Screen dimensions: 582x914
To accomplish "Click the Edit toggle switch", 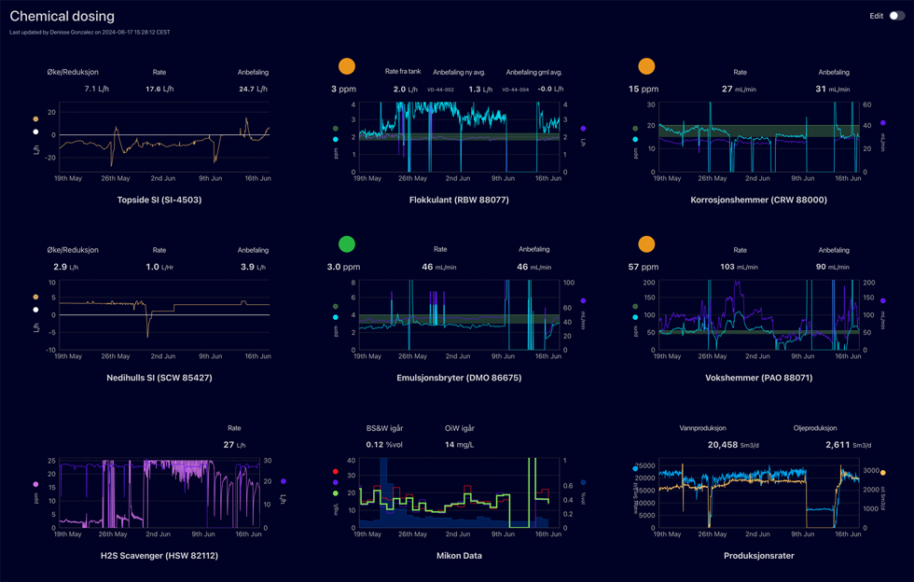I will pos(895,16).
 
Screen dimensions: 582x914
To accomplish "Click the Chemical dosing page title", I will pos(62,16).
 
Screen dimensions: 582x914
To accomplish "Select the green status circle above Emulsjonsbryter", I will pos(346,244).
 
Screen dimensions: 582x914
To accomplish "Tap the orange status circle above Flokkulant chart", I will pos(346,66).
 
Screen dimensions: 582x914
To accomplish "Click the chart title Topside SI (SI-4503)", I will pos(159,200).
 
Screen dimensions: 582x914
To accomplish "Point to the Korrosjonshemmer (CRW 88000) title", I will pos(758,200).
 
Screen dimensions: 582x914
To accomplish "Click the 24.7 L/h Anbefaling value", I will pos(253,90).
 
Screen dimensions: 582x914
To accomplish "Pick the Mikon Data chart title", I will pos(459,556).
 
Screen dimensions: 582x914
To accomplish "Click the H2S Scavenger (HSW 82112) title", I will pos(159,556).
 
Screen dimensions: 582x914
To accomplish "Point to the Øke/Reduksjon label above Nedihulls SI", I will pos(73,250).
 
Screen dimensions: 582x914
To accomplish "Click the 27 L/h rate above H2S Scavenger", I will pos(234,445).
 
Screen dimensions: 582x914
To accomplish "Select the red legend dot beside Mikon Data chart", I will pos(336,472).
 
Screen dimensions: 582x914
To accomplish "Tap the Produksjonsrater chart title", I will pos(758,556).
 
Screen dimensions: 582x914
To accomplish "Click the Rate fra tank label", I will pos(403,72).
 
